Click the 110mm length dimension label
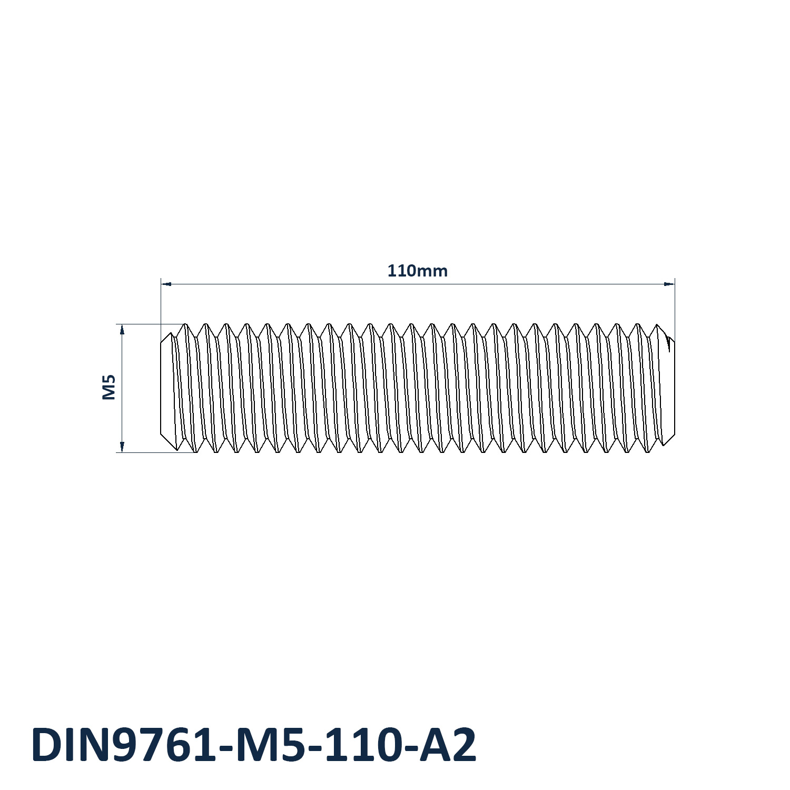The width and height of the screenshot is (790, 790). click(417, 271)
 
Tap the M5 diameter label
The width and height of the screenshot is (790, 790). click(108, 387)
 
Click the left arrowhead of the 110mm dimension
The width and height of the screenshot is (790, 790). click(166, 284)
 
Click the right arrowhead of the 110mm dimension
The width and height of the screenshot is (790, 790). click(669, 284)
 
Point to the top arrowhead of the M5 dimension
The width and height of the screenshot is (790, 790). click(122, 330)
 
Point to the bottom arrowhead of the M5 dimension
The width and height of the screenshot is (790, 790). click(122, 447)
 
